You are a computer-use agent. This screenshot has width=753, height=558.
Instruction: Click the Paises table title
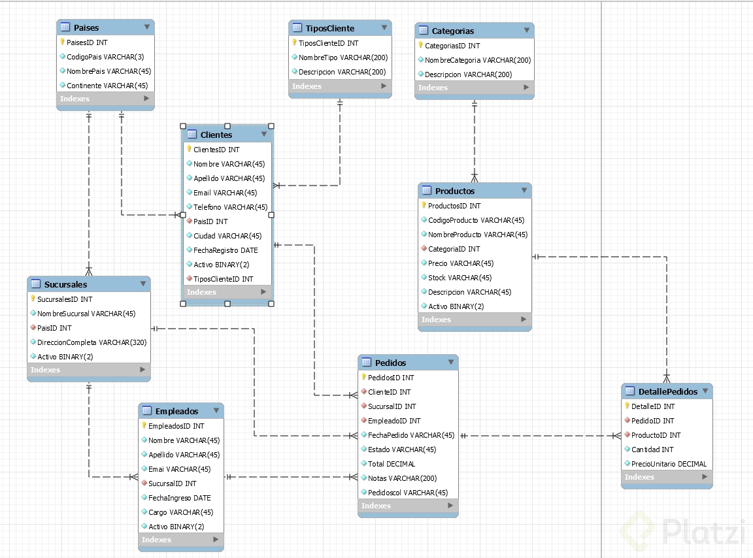86,28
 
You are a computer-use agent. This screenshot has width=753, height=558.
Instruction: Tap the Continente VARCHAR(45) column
107,86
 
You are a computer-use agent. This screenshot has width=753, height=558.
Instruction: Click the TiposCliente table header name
330,28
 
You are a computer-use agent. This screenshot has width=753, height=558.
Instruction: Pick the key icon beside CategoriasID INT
421,46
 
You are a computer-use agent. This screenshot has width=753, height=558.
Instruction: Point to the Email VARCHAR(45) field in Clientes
225,193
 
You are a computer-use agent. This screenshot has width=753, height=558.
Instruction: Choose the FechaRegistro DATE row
226,250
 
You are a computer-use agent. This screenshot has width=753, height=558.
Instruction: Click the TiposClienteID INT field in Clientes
223,279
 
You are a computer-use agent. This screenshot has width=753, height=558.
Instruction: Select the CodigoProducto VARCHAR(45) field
476,220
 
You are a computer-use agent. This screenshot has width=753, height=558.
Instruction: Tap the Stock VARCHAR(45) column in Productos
460,278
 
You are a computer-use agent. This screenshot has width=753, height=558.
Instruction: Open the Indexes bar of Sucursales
88,370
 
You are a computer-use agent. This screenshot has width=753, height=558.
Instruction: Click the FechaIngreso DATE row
179,498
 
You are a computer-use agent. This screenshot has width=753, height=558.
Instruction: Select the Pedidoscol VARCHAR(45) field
408,493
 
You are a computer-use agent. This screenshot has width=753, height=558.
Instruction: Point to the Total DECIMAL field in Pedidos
392,464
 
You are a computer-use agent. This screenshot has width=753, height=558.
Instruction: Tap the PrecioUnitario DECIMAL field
669,464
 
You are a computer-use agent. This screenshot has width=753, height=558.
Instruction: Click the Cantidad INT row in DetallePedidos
652,450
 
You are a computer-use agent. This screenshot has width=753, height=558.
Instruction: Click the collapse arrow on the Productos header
524,190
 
